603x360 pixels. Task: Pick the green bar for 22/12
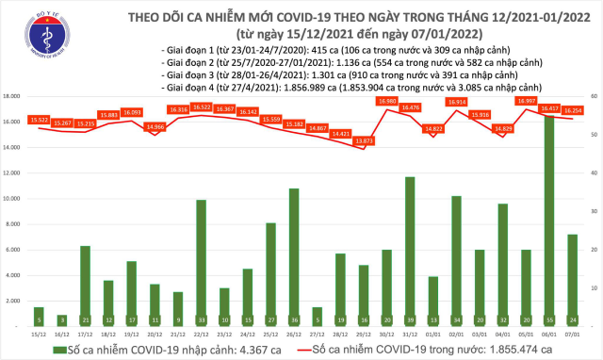pyautogui.click(x=201, y=264)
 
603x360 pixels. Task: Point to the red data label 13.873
pyautogui.click(x=363, y=140)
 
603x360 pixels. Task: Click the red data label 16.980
pyautogui.click(x=386, y=101)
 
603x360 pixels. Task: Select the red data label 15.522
pyautogui.click(x=39, y=119)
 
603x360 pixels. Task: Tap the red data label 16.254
pyautogui.click(x=571, y=110)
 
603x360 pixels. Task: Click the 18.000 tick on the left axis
pyautogui.click(x=13, y=96)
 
